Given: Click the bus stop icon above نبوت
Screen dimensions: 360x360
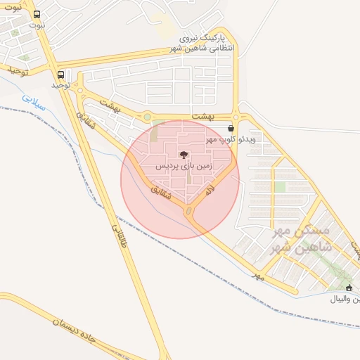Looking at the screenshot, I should click(37, 14).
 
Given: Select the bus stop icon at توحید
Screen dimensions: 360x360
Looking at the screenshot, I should click(60, 75).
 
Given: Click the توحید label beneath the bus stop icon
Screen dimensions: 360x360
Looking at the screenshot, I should click(62, 84).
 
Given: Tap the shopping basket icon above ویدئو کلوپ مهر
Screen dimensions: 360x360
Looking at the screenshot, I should click(231, 128).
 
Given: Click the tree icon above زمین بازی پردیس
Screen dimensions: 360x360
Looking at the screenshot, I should click(184, 155).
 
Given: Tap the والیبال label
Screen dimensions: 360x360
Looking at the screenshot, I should click(345, 299).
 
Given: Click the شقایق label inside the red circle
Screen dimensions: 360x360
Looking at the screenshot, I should click(162, 194).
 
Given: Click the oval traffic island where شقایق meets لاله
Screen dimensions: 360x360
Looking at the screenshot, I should click(188, 211).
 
